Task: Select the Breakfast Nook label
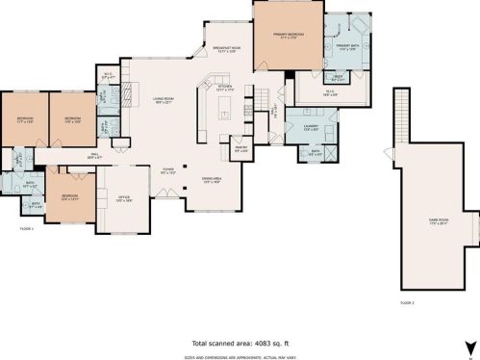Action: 227,49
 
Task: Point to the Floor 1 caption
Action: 26,229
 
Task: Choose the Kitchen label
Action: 224,89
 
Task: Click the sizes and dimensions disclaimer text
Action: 240,355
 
